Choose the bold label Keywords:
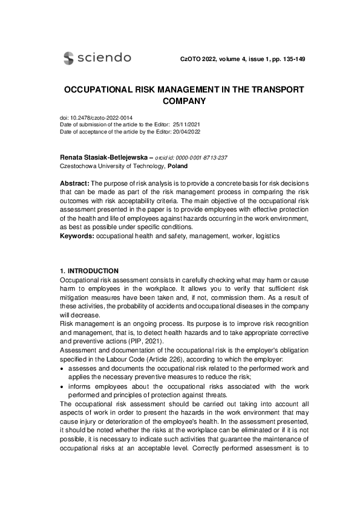coord(77,236)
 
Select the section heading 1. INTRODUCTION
coord(90,271)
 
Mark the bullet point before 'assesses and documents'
coord(62,368)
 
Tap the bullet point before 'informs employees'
coord(62,387)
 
